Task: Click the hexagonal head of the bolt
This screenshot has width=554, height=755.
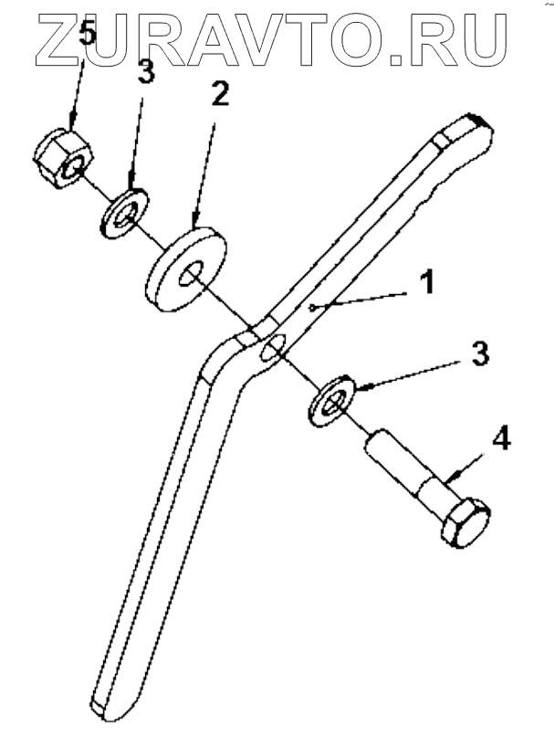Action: pyautogui.click(x=465, y=523)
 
